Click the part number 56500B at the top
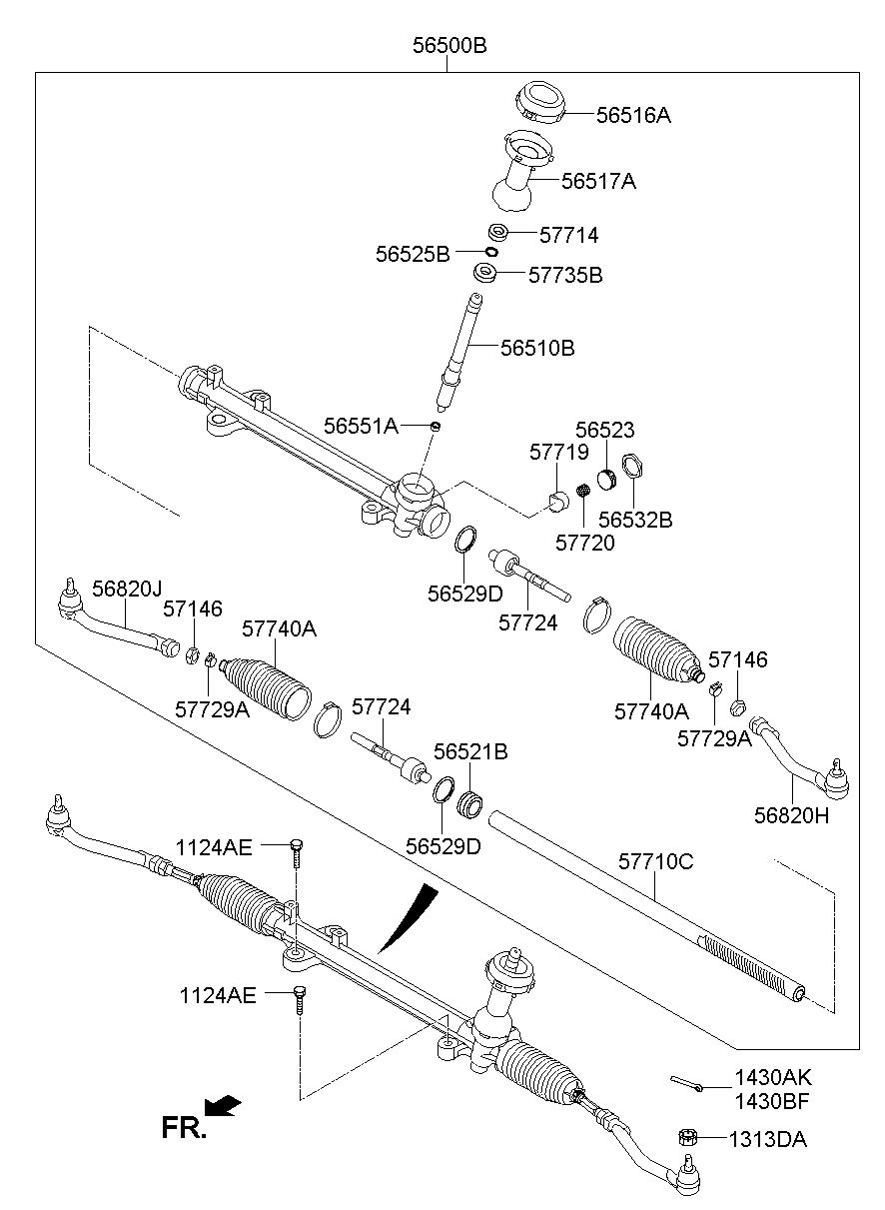coord(449,46)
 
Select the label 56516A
coord(633,116)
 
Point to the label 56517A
coord(598,182)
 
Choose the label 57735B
coord(565,274)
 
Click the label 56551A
coord(361,427)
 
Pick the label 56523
coord(605,430)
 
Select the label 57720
coord(585,544)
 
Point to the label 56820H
coord(792,814)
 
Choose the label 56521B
coord(470,751)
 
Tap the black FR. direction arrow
coord(223,1105)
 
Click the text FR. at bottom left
coord(184,1129)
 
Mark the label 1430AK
coord(773,1078)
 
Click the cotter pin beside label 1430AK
coord(687,1082)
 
